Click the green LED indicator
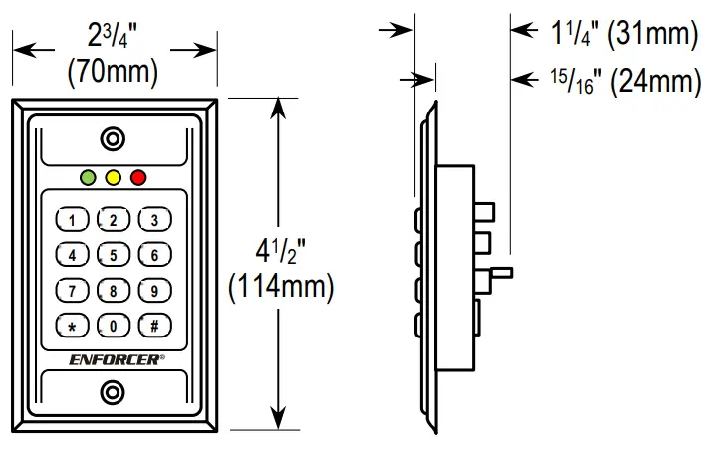(89, 178)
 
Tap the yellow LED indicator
(114, 178)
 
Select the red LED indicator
(137, 178)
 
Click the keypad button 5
(114, 255)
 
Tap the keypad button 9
(154, 290)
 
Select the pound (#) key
(154, 325)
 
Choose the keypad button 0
(114, 325)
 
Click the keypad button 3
(154, 220)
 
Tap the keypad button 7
(72, 290)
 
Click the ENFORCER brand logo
(114, 359)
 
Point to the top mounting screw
(114, 138)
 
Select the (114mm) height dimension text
(280, 288)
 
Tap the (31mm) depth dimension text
(653, 35)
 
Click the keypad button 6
(154, 255)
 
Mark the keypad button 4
(72, 255)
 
